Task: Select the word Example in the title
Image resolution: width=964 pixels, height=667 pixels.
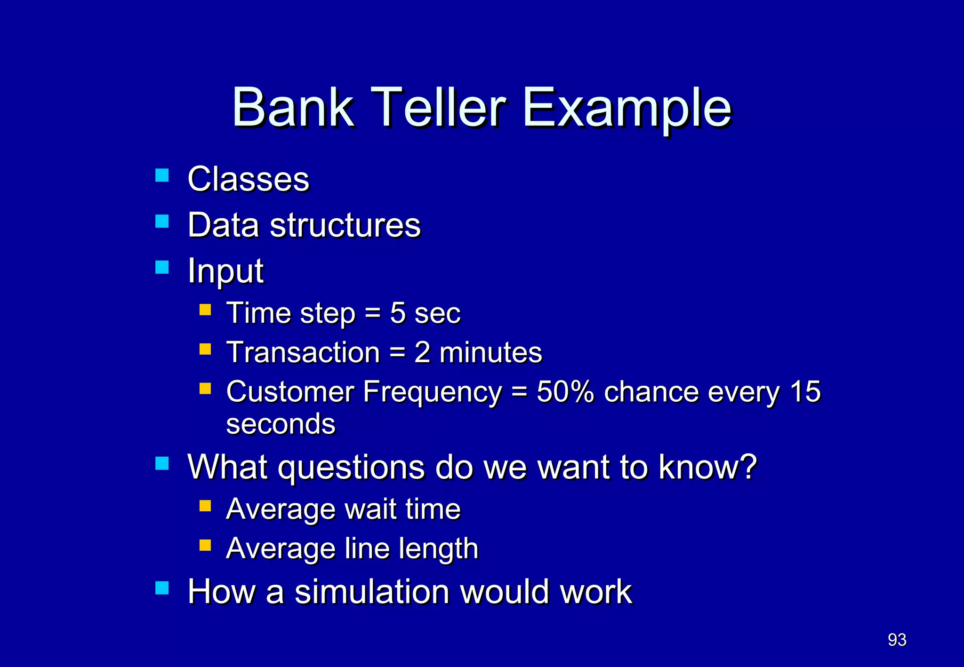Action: tap(627, 109)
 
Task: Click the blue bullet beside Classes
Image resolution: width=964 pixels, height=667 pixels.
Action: tap(162, 175)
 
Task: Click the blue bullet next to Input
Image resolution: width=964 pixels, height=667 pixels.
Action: tap(162, 267)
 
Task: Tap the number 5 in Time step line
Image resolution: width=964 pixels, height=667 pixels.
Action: tap(397, 313)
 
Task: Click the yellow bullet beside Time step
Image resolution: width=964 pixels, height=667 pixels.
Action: tap(205, 310)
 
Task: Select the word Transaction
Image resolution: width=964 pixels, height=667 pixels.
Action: tap(303, 352)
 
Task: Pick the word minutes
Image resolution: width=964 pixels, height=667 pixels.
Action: tap(490, 352)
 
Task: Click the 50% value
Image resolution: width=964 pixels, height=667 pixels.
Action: tap(565, 391)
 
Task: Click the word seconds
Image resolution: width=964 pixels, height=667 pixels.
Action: tap(281, 424)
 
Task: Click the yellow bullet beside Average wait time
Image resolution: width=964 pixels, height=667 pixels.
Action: tap(205, 506)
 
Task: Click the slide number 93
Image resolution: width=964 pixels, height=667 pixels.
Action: tap(897, 640)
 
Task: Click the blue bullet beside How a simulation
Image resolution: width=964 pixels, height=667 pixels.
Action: tap(162, 588)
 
